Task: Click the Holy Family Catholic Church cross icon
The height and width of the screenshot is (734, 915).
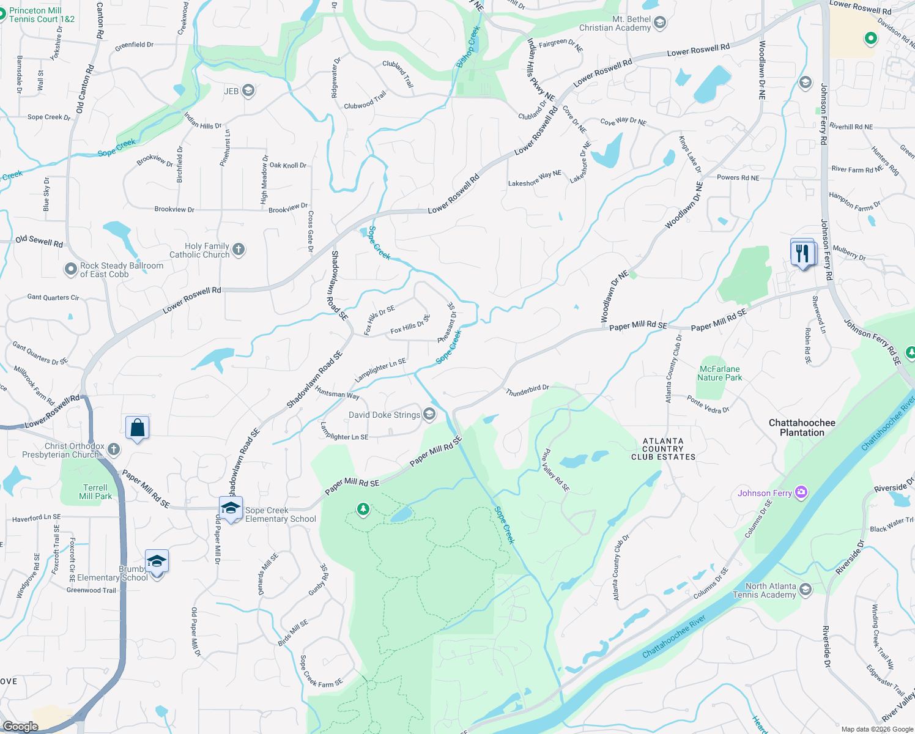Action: pos(239,250)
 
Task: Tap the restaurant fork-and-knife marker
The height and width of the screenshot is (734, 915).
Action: pos(802,253)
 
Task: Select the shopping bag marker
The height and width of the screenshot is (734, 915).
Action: pos(138,428)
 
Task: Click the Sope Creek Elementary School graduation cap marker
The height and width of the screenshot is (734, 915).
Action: pos(231,508)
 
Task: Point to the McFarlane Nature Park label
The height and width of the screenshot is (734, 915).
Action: pos(720,373)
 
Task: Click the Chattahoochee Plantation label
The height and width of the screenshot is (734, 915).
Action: pos(802,428)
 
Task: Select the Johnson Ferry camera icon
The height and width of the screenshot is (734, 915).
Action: pos(801,492)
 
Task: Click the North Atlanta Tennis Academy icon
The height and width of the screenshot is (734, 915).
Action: pos(806,590)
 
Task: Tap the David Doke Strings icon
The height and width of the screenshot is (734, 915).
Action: pos(429,415)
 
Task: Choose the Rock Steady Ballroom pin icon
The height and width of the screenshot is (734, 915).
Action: pos(71,269)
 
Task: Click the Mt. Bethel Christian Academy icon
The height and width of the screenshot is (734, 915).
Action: pos(660,23)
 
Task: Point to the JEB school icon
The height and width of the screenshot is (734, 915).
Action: pos(248,91)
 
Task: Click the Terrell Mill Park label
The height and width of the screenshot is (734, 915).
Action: pos(95,492)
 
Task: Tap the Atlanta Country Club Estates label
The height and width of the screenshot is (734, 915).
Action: pos(663,448)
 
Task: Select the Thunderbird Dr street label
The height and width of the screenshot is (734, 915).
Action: pos(527,390)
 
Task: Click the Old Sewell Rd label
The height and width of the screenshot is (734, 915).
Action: pos(39,241)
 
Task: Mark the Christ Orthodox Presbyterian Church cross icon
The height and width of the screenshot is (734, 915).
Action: pos(113,450)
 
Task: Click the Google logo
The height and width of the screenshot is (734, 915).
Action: pos(20,726)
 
